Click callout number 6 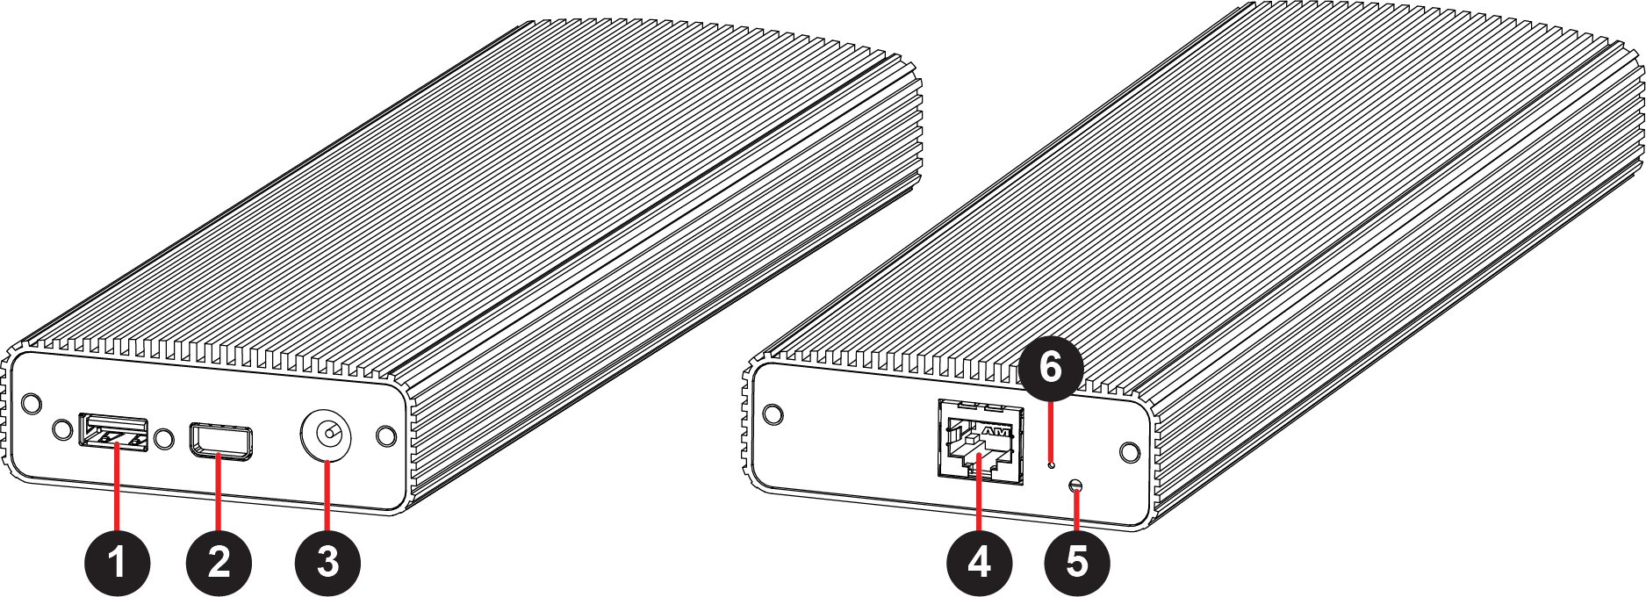1051,369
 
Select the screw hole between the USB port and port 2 163,438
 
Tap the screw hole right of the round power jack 385,435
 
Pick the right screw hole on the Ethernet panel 1132,452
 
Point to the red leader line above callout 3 327,494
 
